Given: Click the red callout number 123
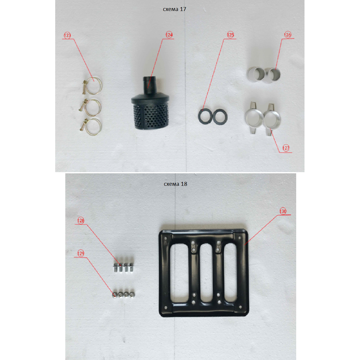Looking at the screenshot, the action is point(67,35).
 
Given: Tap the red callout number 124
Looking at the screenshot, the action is point(169,35).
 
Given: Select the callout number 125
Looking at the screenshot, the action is point(231,35).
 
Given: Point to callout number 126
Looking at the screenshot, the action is point(288,35).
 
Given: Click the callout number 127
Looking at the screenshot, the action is point(286,148).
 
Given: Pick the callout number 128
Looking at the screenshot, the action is point(81,221).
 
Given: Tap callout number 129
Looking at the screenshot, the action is point(81,253).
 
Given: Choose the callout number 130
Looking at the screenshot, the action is point(283,211).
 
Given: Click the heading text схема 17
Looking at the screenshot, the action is point(175,9).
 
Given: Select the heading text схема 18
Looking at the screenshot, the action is point(175,184).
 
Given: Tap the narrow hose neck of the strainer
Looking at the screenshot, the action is point(150,85).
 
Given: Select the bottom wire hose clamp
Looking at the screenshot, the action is point(91,127).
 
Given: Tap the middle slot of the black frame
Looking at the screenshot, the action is point(206,273).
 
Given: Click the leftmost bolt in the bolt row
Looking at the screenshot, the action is point(115,267).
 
